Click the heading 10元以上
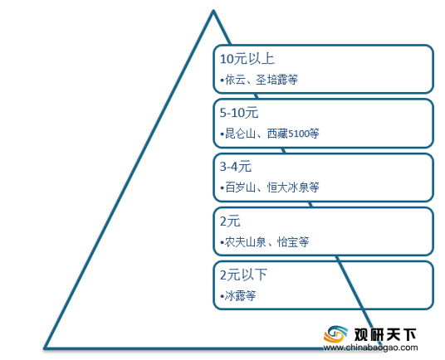click(x=247, y=59)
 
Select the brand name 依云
click(x=235, y=80)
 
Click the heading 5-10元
click(x=239, y=113)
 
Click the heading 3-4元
click(x=236, y=167)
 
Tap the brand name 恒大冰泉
click(x=288, y=187)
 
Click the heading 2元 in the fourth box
click(x=230, y=221)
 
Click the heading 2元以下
click(x=243, y=275)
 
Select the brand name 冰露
click(x=235, y=295)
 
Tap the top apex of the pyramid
click(x=213, y=11)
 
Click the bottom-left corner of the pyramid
click(x=46, y=348)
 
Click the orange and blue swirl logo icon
click(x=335, y=334)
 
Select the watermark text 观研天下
click(x=385, y=335)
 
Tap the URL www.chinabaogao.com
click(x=370, y=348)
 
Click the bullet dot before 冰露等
click(x=222, y=296)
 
